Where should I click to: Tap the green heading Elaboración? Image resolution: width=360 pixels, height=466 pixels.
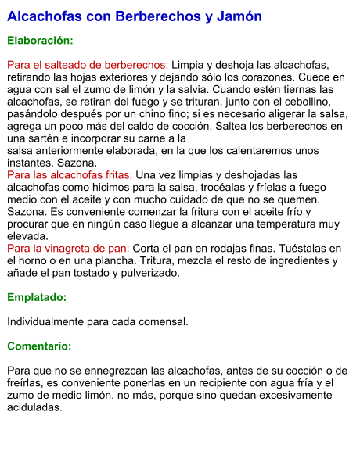pos(40,40)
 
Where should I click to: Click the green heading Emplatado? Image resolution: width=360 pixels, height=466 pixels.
pos(37,298)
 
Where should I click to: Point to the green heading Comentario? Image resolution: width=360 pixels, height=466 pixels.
pos(39,346)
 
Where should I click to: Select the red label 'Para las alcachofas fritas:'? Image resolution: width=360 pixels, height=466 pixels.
pos(69,175)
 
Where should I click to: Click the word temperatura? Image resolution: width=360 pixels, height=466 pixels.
pos(290,224)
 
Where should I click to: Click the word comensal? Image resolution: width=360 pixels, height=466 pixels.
pos(161,321)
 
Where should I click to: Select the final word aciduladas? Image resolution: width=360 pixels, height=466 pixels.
pos(34,407)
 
